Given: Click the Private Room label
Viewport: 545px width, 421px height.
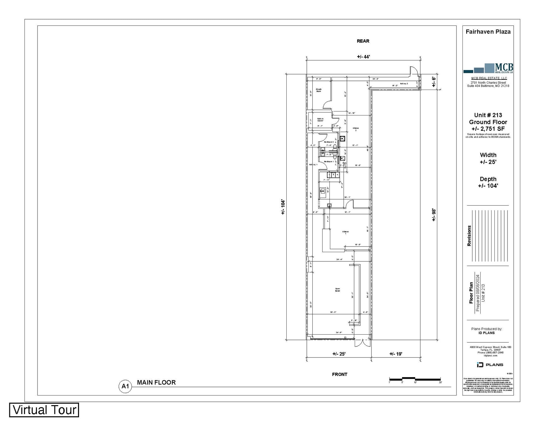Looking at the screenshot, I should [x=319, y=90].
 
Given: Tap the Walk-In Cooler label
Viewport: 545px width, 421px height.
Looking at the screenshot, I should [x=320, y=120].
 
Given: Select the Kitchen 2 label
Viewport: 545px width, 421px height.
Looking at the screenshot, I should [x=356, y=129].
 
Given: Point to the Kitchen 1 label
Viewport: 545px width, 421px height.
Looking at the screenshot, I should [x=345, y=232].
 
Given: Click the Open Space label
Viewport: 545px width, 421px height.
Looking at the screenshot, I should [x=337, y=290].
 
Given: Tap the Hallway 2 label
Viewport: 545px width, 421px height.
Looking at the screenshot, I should [x=404, y=84].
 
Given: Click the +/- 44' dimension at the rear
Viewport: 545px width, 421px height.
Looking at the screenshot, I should [x=363, y=57].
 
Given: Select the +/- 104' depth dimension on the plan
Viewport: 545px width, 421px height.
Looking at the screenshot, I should [x=283, y=207].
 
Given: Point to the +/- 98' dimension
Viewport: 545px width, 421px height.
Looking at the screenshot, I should [x=434, y=215].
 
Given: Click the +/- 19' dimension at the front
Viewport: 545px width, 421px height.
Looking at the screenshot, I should [x=396, y=354].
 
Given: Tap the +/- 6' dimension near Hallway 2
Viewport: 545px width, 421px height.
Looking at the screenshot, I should [x=434, y=82].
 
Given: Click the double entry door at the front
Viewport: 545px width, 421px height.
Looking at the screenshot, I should [x=362, y=343].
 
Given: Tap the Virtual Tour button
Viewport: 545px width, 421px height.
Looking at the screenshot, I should [x=44, y=410].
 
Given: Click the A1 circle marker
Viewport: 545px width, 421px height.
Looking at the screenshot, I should [x=125, y=386].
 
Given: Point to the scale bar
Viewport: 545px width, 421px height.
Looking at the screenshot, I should [x=415, y=379].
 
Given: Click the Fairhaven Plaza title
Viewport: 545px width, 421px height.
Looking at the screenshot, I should [x=488, y=32].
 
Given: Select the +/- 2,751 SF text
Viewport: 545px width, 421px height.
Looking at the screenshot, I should [x=488, y=129].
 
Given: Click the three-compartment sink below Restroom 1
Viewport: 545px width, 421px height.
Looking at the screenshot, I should [x=333, y=174].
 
